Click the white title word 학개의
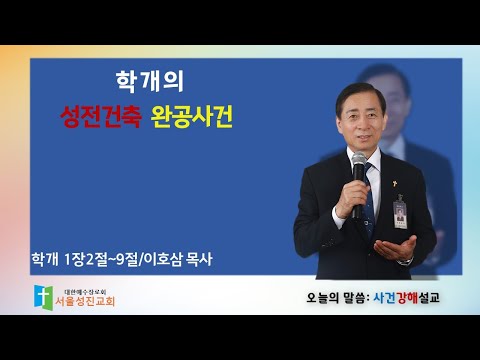[150, 82]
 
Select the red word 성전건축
[101, 117]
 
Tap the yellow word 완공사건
[192, 117]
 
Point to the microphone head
[359, 162]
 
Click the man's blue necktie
[369, 200]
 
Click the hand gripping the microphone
[351, 199]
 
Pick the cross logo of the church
[43, 297]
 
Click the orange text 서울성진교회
[85, 301]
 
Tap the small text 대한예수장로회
[85, 292]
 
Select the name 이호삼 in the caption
[164, 260]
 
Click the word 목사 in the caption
[198, 260]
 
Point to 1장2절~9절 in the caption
[102, 260]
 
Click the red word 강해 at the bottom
[407, 297]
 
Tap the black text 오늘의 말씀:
[338, 298]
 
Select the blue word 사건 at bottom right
[384, 297]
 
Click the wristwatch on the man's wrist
[406, 262]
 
